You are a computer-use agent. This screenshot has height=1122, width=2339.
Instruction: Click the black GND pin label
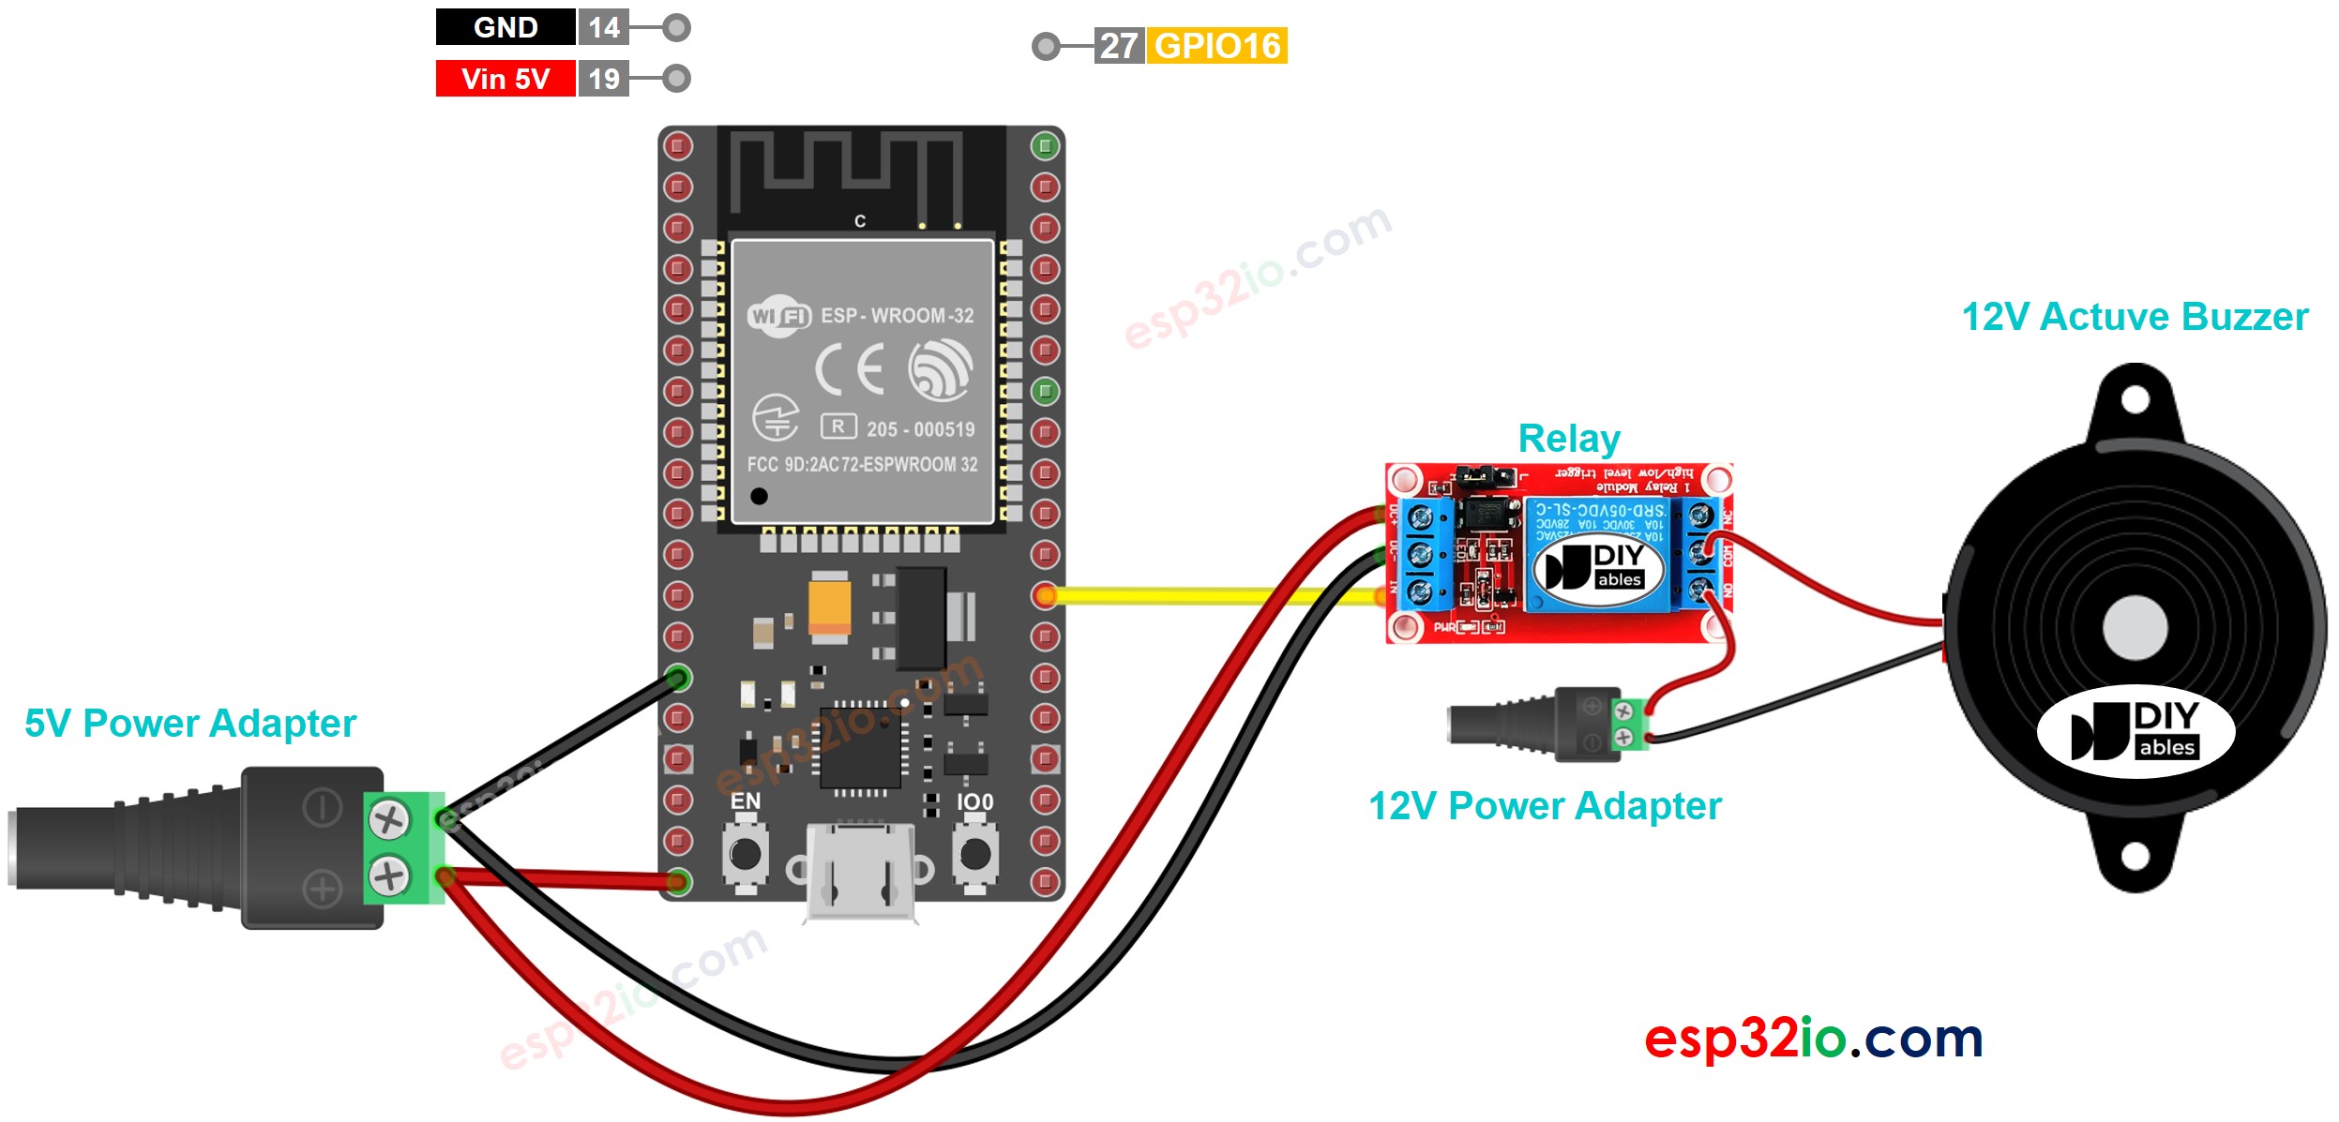[505, 27]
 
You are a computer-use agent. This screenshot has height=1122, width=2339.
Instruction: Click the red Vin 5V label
[505, 79]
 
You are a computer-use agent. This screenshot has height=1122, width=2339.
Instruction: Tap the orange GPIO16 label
[1216, 46]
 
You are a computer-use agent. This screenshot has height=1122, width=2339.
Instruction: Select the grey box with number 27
[1118, 46]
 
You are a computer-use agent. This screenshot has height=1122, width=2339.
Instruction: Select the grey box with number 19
[603, 79]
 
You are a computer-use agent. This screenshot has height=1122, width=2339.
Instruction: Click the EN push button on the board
[746, 853]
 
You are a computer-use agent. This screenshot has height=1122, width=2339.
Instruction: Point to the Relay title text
[1568, 439]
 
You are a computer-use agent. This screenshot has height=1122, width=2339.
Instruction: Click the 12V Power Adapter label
[1545, 806]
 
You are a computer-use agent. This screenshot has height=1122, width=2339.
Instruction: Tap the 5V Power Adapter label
[190, 724]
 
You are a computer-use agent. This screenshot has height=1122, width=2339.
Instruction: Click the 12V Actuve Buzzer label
[2135, 317]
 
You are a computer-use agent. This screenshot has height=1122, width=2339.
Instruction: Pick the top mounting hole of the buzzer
[2135, 400]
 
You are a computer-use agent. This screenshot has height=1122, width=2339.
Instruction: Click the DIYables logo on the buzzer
[2135, 732]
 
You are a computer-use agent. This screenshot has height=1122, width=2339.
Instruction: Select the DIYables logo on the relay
[1598, 567]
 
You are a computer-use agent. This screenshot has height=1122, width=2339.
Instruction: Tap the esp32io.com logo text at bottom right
[1813, 1039]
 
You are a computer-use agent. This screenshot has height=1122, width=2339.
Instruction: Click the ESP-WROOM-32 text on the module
[897, 316]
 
